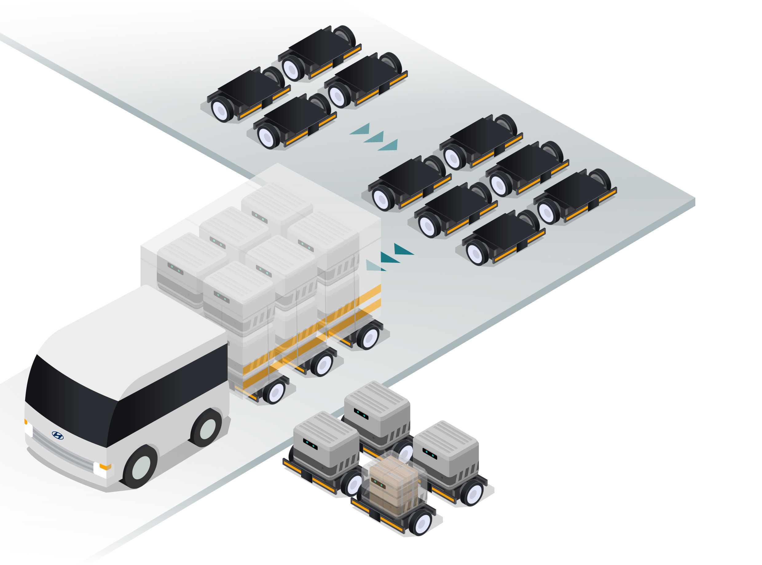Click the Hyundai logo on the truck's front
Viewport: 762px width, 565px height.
[57, 435]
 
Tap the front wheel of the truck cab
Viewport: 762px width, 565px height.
[141, 468]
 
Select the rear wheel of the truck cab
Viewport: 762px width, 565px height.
[207, 428]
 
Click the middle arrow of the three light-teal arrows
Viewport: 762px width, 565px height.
[374, 137]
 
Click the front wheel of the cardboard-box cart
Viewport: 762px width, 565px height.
[421, 523]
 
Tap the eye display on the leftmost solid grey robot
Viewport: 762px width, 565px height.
[310, 444]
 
